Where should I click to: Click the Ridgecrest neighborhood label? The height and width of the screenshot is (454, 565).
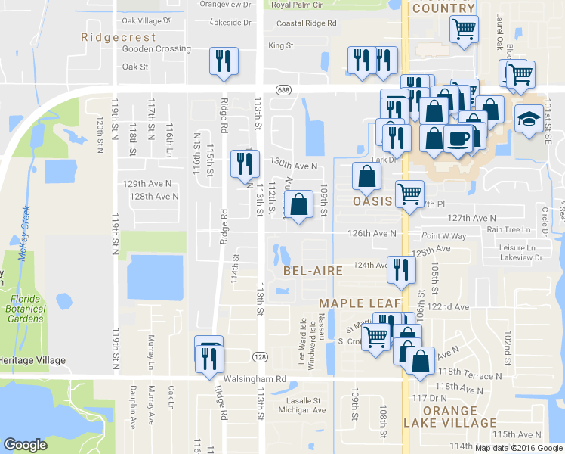pyautogui.click(x=119, y=37)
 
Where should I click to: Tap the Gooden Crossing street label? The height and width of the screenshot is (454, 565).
pyautogui.click(x=156, y=49)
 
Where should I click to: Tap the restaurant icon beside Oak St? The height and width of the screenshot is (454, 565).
pyautogui.click(x=224, y=61)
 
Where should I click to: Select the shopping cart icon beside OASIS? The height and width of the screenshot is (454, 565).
pyautogui.click(x=409, y=193)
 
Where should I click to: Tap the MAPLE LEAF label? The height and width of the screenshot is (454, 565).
pyautogui.click(x=357, y=303)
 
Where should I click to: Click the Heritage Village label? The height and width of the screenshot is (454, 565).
pyautogui.click(x=33, y=361)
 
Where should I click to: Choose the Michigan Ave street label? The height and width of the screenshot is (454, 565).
pyautogui.click(x=302, y=410)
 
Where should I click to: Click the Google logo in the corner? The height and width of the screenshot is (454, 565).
pyautogui.click(x=26, y=445)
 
